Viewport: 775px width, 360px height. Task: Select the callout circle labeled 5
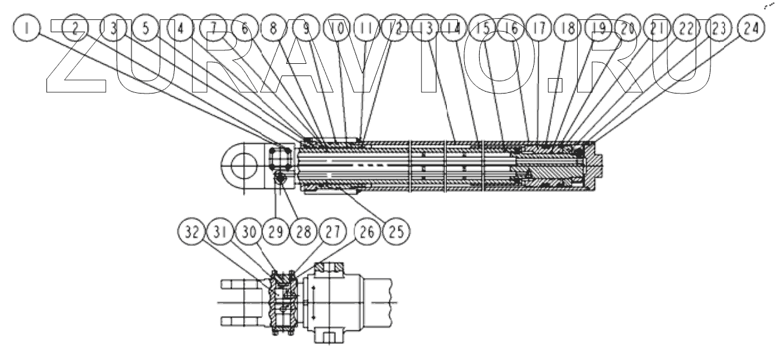[146, 28]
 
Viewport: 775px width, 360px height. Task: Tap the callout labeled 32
[189, 229]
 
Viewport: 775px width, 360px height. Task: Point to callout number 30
[247, 229]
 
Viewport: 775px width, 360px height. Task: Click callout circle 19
[599, 28]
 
